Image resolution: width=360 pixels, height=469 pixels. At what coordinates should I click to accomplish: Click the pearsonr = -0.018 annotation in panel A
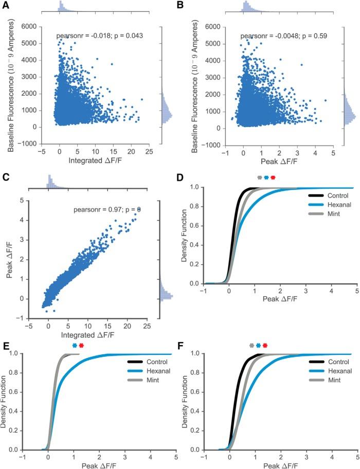pyautogui.click(x=99, y=36)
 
